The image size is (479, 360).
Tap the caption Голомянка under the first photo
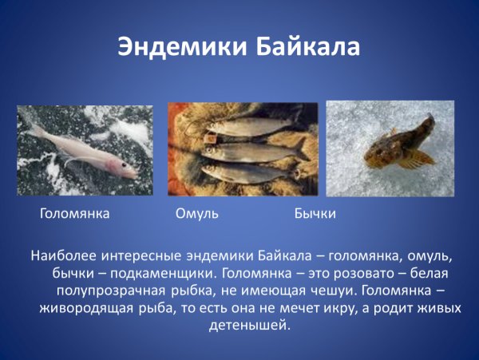pyautogui.click(x=74, y=214)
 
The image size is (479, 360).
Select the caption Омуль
pyautogui.click(x=196, y=214)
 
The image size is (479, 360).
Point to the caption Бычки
pyautogui.click(x=315, y=214)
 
